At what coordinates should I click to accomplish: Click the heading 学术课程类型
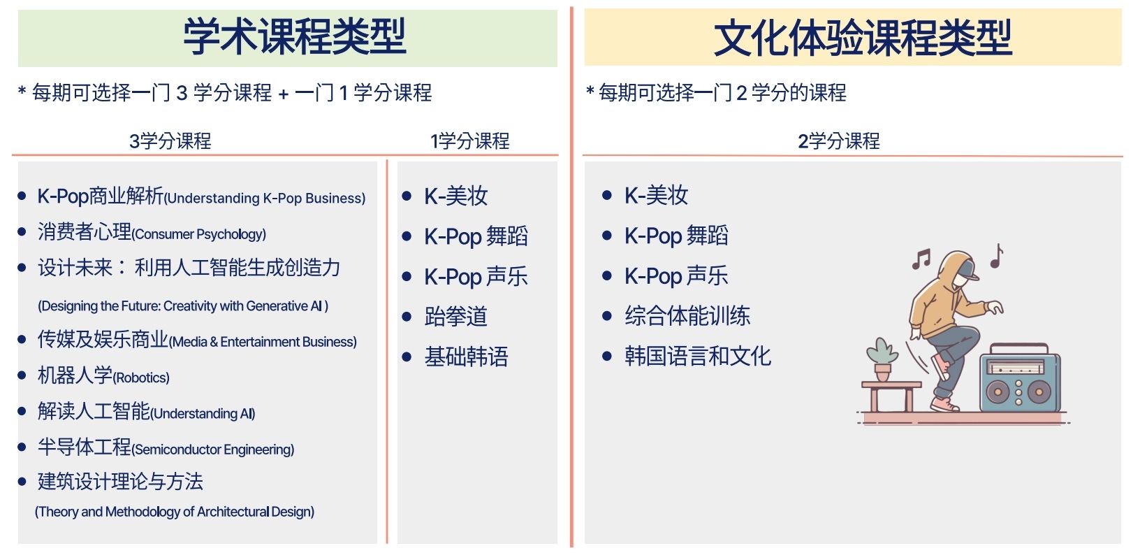click(x=294, y=36)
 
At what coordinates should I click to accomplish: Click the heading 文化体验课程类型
click(x=863, y=38)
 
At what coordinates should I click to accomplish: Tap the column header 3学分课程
click(x=170, y=141)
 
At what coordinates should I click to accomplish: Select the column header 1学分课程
click(x=470, y=141)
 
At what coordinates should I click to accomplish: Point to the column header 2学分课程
click(x=839, y=141)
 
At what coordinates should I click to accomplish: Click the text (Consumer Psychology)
click(x=198, y=234)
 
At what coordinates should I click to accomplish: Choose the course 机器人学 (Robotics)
click(x=103, y=375)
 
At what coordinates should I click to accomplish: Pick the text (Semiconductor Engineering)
click(x=213, y=450)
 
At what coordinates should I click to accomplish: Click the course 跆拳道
click(x=455, y=316)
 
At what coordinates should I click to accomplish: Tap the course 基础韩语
click(x=466, y=357)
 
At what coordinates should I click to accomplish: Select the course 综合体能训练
click(x=687, y=316)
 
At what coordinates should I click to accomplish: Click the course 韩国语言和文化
click(x=697, y=356)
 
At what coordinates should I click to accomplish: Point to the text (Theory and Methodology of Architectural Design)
click(x=175, y=512)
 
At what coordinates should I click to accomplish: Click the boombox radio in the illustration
click(x=1020, y=378)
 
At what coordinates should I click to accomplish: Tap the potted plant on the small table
click(x=882, y=359)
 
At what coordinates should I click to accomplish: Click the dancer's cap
click(x=967, y=270)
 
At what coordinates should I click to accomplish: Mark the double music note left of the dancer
click(x=921, y=259)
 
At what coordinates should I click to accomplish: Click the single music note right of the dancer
click(x=996, y=256)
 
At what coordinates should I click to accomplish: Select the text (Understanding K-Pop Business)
click(x=264, y=199)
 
